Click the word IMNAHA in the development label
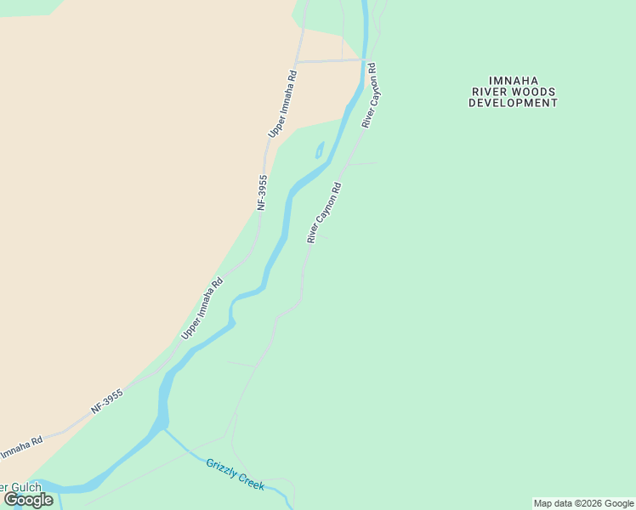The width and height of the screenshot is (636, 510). click(x=514, y=81)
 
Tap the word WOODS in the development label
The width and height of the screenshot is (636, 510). click(x=536, y=92)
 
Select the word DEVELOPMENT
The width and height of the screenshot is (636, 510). click(x=514, y=103)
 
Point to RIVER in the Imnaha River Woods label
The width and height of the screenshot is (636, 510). click(x=491, y=92)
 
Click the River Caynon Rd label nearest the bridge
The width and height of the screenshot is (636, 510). click(x=369, y=95)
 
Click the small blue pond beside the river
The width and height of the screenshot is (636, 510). click(x=320, y=151)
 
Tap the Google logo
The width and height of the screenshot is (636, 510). click(x=28, y=500)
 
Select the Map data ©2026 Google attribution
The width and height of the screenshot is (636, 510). click(x=583, y=503)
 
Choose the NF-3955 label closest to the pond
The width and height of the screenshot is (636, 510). click(x=263, y=192)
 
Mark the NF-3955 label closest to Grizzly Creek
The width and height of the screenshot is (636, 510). click(x=107, y=402)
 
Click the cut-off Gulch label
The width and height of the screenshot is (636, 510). click(x=19, y=488)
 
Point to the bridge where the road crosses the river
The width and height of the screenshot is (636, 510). click(x=365, y=60)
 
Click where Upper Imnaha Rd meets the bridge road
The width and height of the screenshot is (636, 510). click(x=297, y=61)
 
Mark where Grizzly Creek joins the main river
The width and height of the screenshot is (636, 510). click(x=164, y=428)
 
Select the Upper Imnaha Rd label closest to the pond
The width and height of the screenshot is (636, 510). click(x=283, y=104)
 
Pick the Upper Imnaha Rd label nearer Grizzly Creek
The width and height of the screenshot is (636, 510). click(x=202, y=309)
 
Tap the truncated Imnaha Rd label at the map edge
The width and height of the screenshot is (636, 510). click(x=20, y=448)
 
